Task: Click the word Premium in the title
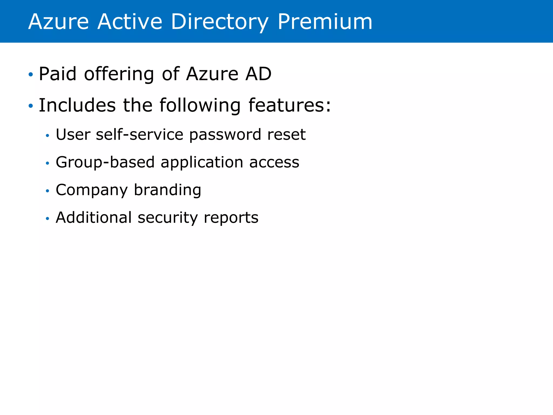[325, 22]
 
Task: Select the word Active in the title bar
[130, 22]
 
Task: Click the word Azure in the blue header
[58, 22]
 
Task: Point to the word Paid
[58, 74]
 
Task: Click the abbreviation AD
[258, 74]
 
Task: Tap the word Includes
[77, 105]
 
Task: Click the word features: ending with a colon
[289, 105]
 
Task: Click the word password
[225, 135]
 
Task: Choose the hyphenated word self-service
[140, 134]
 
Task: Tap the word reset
[286, 135]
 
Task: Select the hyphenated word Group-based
[105, 162]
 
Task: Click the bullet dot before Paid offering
[31, 74]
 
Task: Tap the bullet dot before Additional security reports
[48, 218]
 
